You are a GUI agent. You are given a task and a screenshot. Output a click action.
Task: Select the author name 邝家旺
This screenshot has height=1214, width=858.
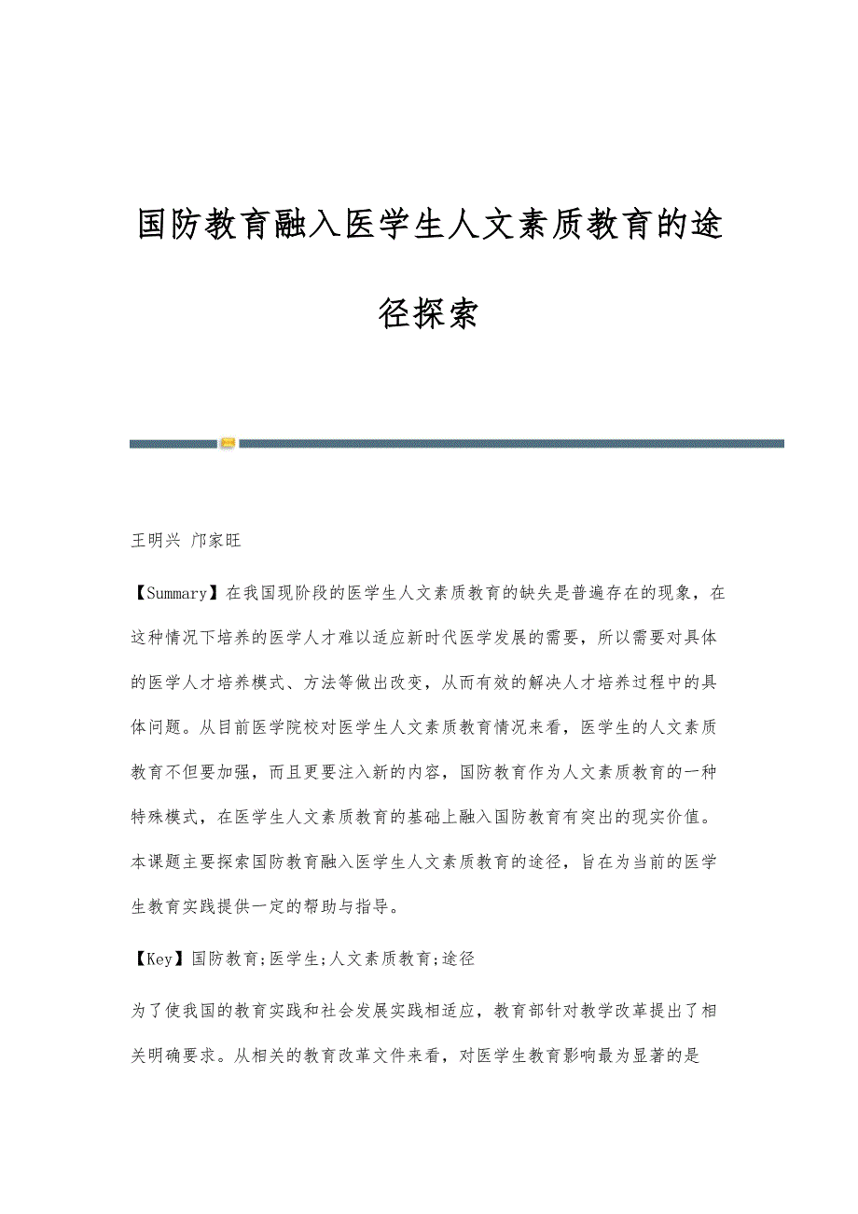pyautogui.click(x=215, y=540)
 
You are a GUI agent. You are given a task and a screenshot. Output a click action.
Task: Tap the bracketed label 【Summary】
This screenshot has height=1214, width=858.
pyautogui.click(x=177, y=592)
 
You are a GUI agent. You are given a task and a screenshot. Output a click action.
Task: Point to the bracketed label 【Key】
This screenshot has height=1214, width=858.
pyautogui.click(x=159, y=958)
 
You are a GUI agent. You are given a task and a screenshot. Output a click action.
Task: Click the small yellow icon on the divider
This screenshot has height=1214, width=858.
pyautogui.click(x=228, y=444)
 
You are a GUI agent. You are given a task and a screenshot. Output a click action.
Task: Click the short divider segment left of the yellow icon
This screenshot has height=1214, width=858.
pyautogui.click(x=173, y=444)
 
